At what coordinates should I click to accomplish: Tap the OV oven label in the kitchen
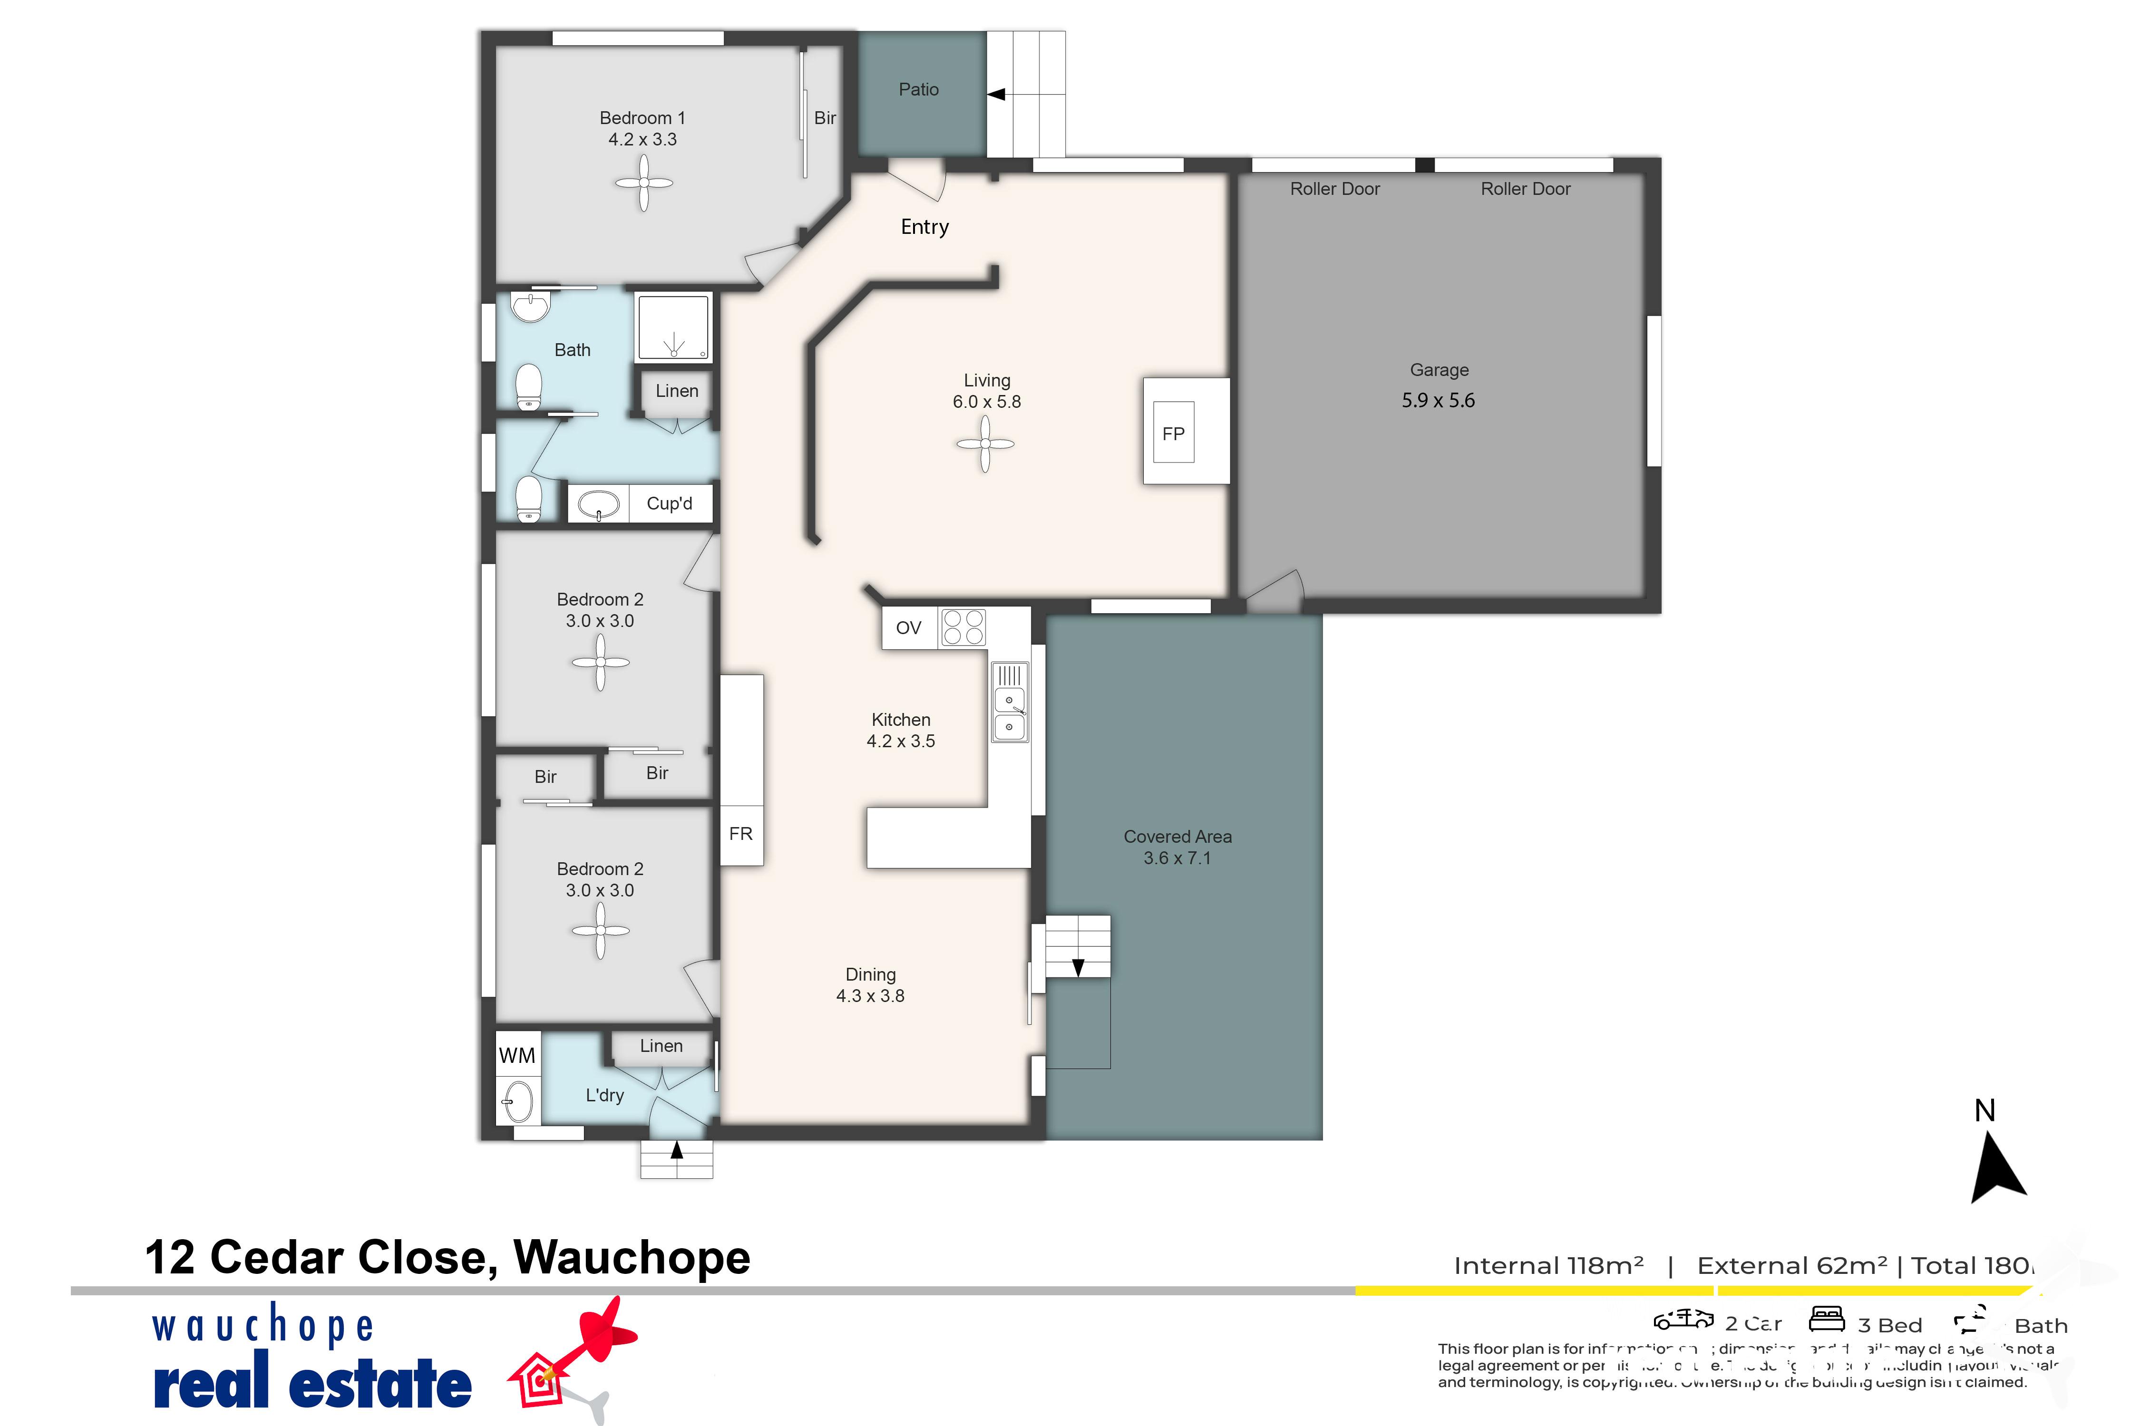pos(908,627)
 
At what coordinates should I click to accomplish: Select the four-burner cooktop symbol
pos(963,627)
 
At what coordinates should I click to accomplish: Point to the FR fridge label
pos(740,833)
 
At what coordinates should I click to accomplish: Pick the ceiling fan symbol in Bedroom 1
pos(643,183)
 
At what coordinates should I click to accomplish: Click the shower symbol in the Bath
pos(673,328)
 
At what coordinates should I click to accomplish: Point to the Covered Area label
pos(1177,837)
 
